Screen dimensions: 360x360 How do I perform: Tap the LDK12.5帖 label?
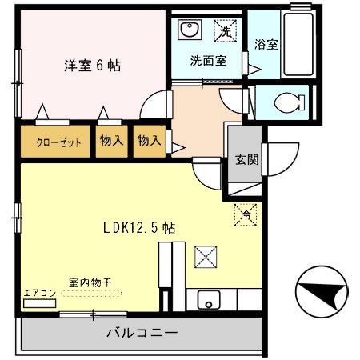139,227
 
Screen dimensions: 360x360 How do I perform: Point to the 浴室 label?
266,45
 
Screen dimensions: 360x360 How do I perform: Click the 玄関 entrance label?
246,158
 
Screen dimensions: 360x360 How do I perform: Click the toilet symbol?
286,103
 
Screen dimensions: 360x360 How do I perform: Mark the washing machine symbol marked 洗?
226,31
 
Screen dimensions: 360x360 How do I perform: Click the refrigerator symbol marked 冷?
246,214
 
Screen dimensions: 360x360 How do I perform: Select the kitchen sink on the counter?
208,302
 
